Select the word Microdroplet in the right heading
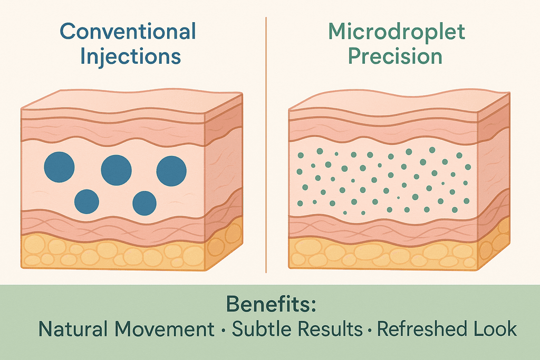pyautogui.click(x=397, y=32)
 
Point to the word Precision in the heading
pyautogui.click(x=395, y=56)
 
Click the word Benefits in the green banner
pyautogui.click(x=268, y=304)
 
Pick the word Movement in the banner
pyautogui.click(x=165, y=329)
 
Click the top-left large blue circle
pyautogui.click(x=59, y=167)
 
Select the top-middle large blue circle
pyautogui.click(x=116, y=170)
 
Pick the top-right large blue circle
pyautogui.click(x=171, y=171)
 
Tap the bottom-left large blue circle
pyautogui.click(x=87, y=202)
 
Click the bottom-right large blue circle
pyautogui.click(x=144, y=203)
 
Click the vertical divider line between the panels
pyautogui.click(x=266, y=145)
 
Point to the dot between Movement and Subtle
pyautogui.click(x=223, y=330)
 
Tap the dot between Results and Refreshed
pyautogui.click(x=370, y=330)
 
